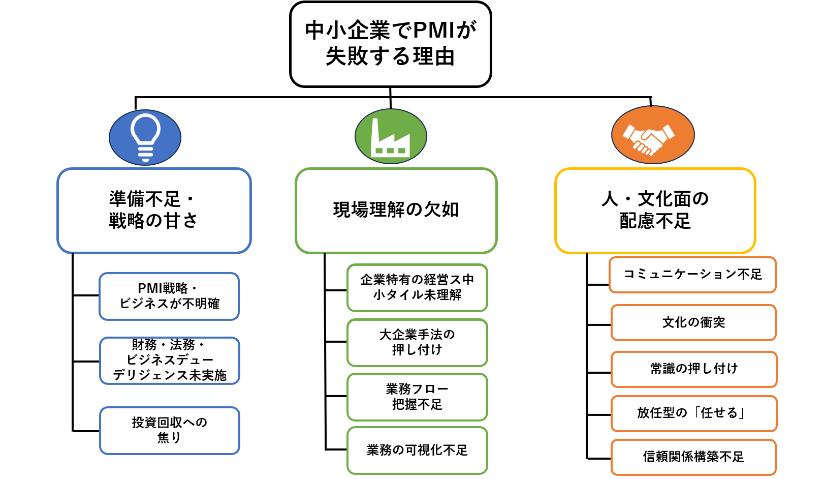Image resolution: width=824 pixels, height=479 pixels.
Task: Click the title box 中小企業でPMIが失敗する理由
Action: click(x=390, y=44)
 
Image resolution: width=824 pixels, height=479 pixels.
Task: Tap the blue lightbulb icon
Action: click(x=145, y=137)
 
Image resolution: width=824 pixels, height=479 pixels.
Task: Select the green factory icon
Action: click(x=391, y=136)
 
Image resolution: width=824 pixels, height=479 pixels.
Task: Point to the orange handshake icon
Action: click(x=653, y=135)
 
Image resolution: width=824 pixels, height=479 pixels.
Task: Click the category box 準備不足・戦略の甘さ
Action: click(x=154, y=211)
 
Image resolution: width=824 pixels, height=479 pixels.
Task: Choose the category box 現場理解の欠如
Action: click(x=396, y=211)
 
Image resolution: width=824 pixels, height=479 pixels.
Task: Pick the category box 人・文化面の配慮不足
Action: click(x=655, y=211)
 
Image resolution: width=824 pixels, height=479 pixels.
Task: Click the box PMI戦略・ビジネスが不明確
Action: click(x=169, y=296)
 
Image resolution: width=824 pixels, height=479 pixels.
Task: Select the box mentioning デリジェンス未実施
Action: click(x=169, y=361)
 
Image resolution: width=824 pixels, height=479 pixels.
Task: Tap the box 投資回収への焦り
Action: click(x=169, y=430)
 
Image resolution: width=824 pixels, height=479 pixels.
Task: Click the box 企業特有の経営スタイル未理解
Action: click(x=417, y=288)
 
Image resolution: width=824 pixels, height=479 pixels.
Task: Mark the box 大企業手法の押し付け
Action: click(x=417, y=342)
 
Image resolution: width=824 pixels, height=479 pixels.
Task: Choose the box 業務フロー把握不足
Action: click(x=417, y=397)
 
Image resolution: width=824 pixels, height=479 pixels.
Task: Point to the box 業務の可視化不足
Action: click(x=417, y=451)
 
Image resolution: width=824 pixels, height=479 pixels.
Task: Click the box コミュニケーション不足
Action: click(x=692, y=275)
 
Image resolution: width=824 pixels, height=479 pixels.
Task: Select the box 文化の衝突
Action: click(x=693, y=322)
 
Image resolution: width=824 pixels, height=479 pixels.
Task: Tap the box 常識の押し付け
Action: click(x=693, y=369)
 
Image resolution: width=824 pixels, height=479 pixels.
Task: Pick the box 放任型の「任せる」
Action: click(x=693, y=413)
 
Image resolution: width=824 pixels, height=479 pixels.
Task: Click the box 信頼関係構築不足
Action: click(x=693, y=457)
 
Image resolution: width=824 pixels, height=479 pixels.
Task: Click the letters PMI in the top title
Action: click(x=434, y=31)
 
